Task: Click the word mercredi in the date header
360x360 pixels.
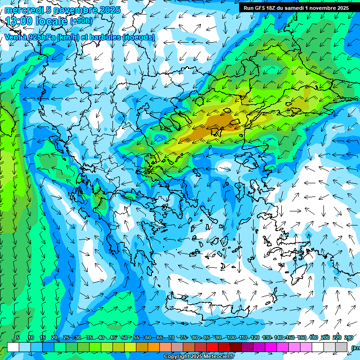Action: point(22,10)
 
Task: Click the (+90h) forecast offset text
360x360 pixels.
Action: point(81,21)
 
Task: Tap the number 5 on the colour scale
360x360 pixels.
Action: point(18,337)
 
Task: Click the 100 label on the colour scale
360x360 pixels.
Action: point(231,337)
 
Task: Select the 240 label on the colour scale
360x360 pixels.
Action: point(348,337)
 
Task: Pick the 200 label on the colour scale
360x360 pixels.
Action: point(325,337)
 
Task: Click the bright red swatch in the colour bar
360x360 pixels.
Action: point(212,347)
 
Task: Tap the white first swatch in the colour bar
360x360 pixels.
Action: point(13,347)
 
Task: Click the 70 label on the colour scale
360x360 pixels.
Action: point(172,337)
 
